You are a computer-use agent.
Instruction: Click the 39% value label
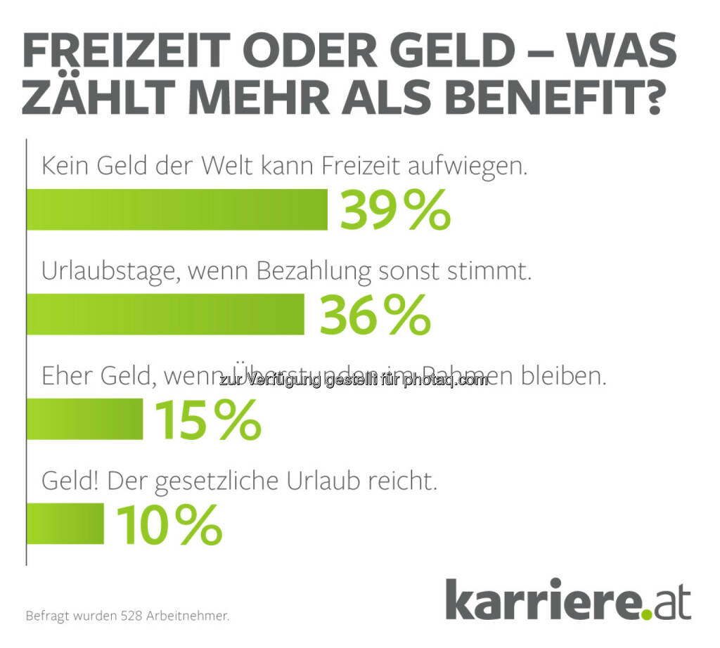[x=395, y=209]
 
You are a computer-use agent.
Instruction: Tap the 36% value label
[x=375, y=315]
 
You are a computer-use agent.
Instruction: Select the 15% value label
[x=207, y=420]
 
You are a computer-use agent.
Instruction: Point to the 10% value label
[x=169, y=525]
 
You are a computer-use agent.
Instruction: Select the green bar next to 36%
[x=165, y=314]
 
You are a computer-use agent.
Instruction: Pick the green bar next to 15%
[x=85, y=419]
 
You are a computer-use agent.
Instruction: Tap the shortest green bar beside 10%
[x=65, y=524]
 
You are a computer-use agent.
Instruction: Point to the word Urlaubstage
[x=110, y=272]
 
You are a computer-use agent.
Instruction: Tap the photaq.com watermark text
[x=449, y=380]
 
